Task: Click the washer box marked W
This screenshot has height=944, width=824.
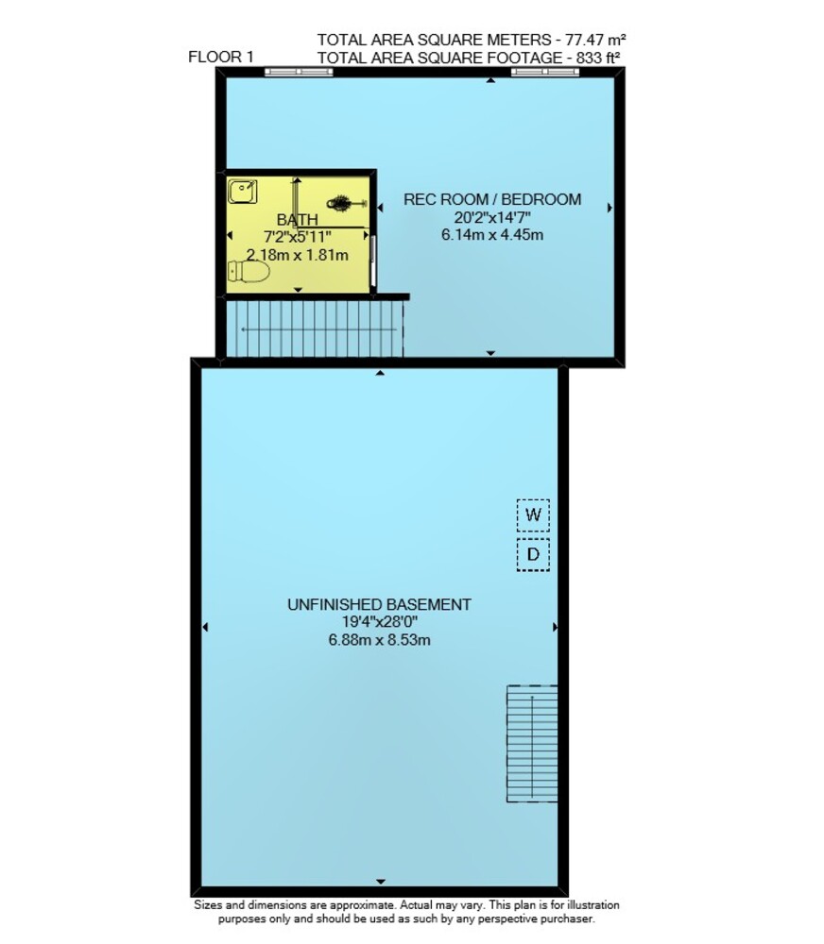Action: pos(533,514)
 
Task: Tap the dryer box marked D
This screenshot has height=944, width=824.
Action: pos(533,554)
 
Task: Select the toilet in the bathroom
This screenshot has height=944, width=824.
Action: pos(249,272)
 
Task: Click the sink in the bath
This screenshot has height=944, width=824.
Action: pos(242,192)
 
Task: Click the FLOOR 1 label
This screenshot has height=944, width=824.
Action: pos(220,58)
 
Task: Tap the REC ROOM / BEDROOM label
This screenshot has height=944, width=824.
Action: pos(492,199)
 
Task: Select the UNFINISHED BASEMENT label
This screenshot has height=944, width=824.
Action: pos(379,604)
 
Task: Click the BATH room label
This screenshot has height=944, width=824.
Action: pos(297,220)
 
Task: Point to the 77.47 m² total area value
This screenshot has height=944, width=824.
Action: pos(594,41)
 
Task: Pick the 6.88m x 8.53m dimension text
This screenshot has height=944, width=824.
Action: pos(379,639)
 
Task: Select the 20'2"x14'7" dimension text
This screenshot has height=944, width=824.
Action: pos(492,217)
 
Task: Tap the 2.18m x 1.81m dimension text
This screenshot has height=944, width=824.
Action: pos(297,255)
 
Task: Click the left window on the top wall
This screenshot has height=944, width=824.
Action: pos(299,73)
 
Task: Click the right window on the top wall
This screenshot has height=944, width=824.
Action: pos(545,73)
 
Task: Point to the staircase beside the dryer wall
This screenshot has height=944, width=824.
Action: pos(532,744)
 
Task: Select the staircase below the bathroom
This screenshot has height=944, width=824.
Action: pos(315,329)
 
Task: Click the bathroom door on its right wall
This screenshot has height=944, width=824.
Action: pos(373,262)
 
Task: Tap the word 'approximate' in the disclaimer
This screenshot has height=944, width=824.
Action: pos(363,905)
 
